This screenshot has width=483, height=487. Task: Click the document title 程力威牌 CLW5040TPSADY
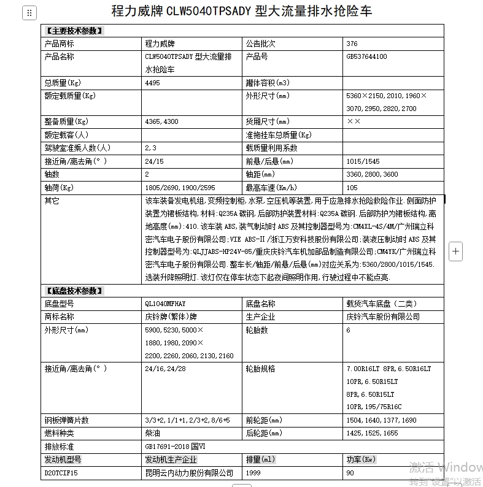click(241, 11)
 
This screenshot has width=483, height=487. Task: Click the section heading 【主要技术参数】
click(74, 30)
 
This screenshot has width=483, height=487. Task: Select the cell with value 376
click(352, 44)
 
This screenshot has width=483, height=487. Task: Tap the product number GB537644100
click(366, 56)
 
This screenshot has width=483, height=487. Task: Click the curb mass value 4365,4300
click(161, 121)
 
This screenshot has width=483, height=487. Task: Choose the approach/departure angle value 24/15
click(154, 161)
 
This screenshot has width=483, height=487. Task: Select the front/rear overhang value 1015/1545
click(363, 161)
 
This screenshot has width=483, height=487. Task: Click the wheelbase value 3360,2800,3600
click(372, 174)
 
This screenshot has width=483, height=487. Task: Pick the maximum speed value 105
click(352, 188)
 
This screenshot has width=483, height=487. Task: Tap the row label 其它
click(52, 201)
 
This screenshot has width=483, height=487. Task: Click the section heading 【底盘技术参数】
click(74, 291)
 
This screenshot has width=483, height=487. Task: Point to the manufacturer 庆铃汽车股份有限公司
click(383, 316)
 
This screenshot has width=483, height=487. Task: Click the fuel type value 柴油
click(152, 433)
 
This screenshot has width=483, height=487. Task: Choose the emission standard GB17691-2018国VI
click(174, 447)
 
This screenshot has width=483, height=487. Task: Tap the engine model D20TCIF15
click(61, 473)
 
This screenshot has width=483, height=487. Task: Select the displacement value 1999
click(253, 473)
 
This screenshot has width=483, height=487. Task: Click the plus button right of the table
click(455, 251)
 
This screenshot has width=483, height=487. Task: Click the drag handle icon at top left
click(29, 13)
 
